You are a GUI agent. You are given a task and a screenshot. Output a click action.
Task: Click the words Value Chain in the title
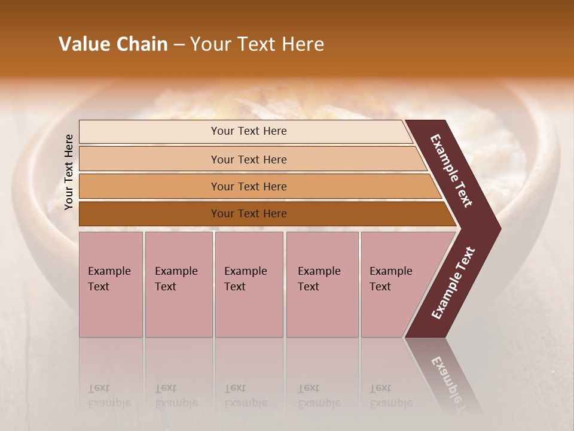coord(113,44)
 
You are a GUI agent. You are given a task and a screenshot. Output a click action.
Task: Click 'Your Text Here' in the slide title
coord(257,44)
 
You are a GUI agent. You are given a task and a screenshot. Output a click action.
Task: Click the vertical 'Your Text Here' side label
coord(69,172)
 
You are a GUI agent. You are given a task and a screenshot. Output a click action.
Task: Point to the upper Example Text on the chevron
coord(451,171)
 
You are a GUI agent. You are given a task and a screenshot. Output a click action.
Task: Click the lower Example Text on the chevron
coord(453,283)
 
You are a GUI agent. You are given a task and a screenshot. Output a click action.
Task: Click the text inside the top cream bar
coord(249,131)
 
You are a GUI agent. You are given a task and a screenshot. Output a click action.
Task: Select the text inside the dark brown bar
coord(249,214)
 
